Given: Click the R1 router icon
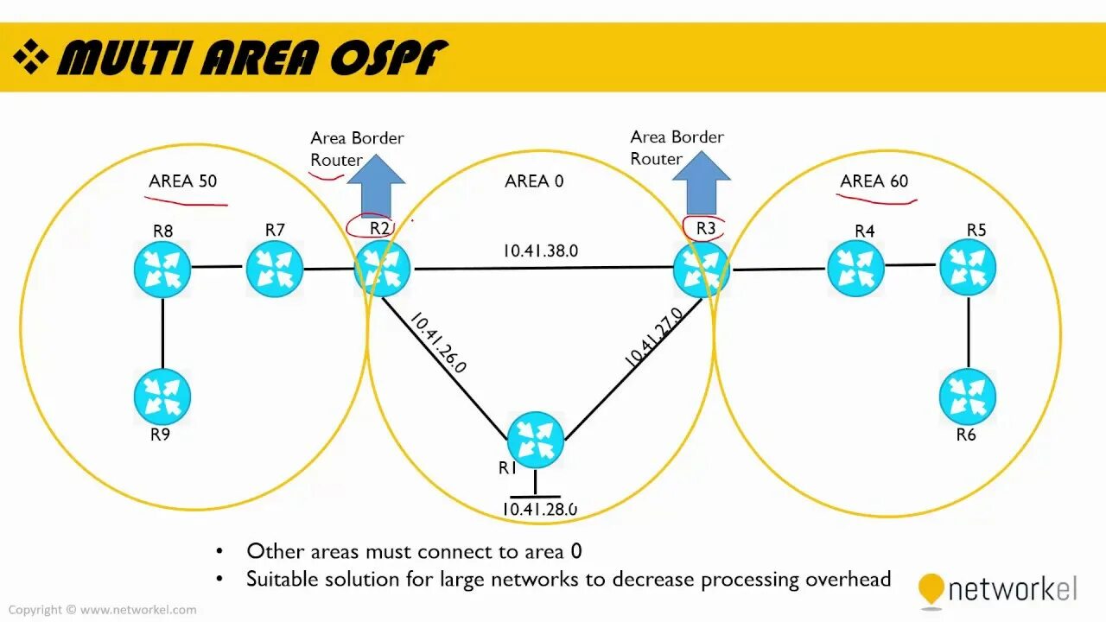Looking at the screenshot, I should [536, 440].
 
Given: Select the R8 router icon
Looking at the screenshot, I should [162, 270].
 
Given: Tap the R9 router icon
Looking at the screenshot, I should [162, 396].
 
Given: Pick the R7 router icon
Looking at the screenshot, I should [275, 269].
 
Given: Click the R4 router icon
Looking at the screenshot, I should [855, 268].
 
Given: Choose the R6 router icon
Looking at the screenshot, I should [968, 397].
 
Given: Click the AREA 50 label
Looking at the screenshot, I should [183, 181].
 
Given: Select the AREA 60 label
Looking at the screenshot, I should [874, 181].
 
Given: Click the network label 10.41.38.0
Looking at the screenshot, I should [540, 251].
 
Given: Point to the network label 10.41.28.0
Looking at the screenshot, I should [539, 509].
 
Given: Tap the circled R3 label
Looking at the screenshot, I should [705, 229].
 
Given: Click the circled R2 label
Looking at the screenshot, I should [378, 229].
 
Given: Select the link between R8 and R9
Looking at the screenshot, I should [162, 333].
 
